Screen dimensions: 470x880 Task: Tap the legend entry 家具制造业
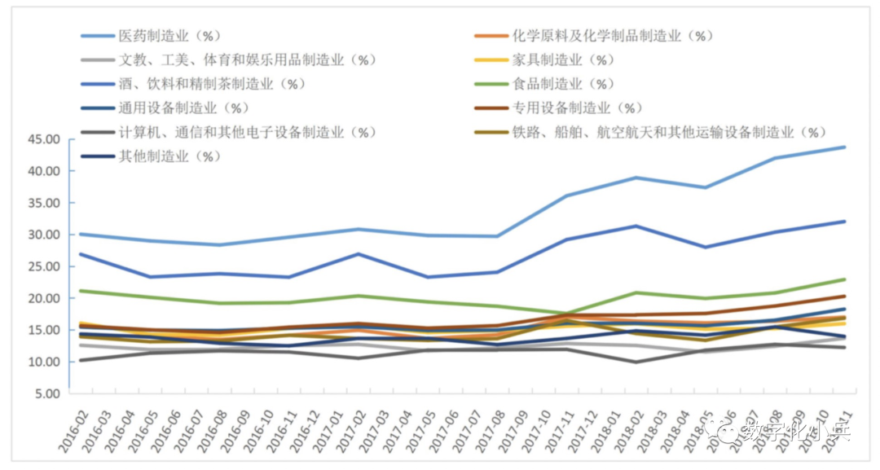pos(563,60)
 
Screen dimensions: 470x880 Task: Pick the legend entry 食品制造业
pos(563,84)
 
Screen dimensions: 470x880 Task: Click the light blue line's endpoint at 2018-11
pos(844,147)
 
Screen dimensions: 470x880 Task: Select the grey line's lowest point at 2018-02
pos(636,362)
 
